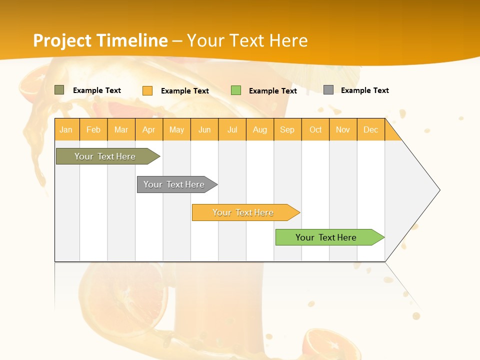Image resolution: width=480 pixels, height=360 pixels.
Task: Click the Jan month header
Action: pyautogui.click(x=66, y=129)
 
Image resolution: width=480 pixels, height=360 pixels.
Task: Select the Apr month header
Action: pyautogui.click(x=149, y=129)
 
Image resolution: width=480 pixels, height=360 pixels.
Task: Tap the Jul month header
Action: pyautogui.click(x=232, y=129)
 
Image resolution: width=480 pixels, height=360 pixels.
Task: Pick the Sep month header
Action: pyautogui.click(x=287, y=129)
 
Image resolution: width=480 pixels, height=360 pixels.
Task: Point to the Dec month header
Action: pyautogui.click(x=371, y=129)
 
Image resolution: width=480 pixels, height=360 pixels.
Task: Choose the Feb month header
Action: pyautogui.click(x=93, y=129)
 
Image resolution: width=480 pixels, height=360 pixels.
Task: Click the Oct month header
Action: pyautogui.click(x=315, y=129)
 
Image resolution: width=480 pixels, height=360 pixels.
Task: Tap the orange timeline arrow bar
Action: pyautogui.click(x=244, y=212)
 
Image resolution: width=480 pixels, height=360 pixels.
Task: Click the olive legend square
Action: pyautogui.click(x=59, y=90)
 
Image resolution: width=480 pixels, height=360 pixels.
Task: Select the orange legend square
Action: pyautogui.click(x=147, y=90)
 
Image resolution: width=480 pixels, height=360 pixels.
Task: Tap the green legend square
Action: pyautogui.click(x=236, y=90)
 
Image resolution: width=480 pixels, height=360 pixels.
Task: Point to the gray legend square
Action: pyautogui.click(x=328, y=90)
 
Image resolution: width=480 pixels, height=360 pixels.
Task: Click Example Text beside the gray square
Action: pyautogui.click(x=364, y=90)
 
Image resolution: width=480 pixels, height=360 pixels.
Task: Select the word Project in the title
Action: pyautogui.click(x=62, y=40)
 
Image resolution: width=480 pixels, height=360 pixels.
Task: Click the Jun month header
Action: pyautogui.click(x=204, y=129)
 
